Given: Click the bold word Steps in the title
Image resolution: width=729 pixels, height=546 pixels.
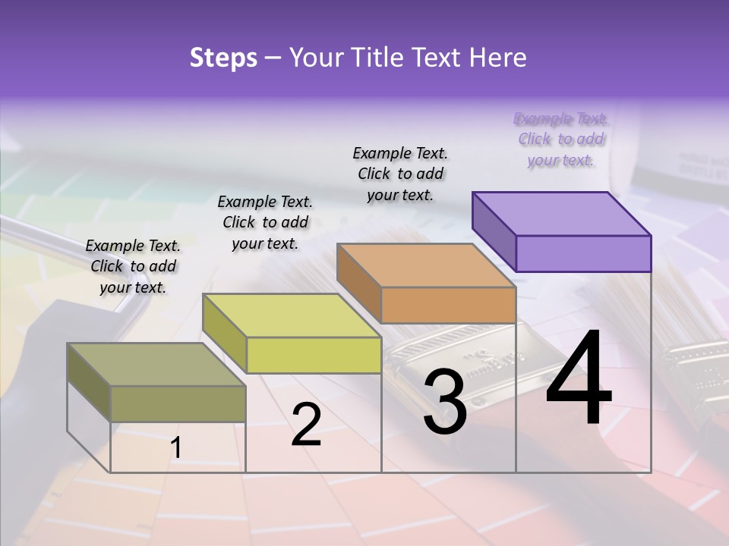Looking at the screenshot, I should point(223,58).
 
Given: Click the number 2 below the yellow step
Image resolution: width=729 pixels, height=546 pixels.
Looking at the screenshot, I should point(306,424).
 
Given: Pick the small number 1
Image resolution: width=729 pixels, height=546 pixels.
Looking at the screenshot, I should point(176,448).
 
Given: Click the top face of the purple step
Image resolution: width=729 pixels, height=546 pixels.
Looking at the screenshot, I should point(562,213).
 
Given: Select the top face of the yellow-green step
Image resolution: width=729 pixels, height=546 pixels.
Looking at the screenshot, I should point(292,315).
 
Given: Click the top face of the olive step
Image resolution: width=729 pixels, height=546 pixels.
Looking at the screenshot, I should point(156,364).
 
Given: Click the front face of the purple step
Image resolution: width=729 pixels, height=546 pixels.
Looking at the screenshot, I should point(583,253).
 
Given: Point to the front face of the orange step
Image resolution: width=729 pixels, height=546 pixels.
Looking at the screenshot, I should point(448,305).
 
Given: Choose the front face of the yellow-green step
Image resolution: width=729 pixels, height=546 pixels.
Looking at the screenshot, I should point(314,355).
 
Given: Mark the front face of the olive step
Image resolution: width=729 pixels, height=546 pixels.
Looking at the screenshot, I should point(178,403).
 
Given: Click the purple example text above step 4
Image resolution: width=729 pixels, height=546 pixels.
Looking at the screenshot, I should point(560,140).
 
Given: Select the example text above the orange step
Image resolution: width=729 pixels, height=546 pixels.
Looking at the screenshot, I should point(400,174).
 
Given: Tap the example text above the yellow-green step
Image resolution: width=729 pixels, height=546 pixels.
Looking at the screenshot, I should point(265,222).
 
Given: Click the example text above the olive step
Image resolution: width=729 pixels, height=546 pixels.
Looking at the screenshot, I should point(133,266).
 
